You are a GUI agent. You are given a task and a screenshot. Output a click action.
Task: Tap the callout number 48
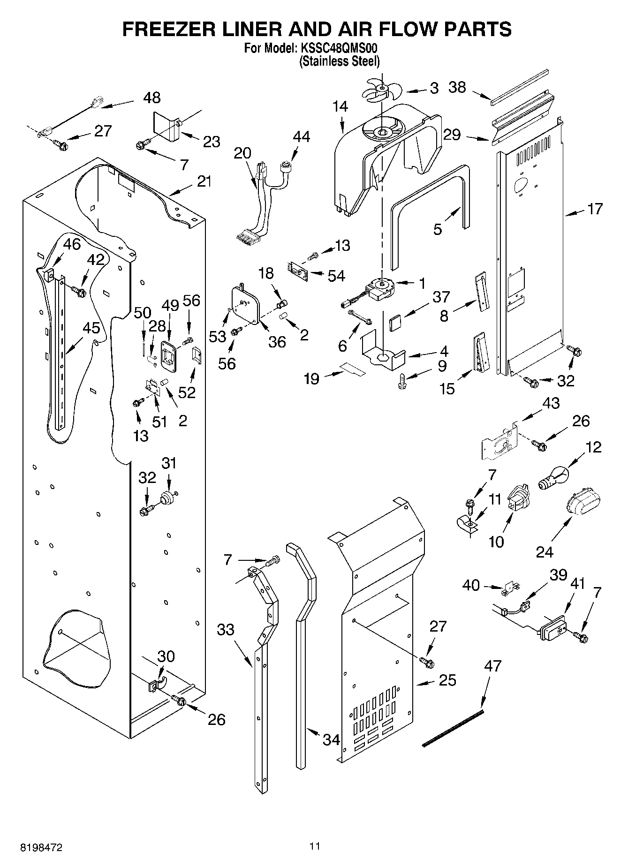click(x=151, y=98)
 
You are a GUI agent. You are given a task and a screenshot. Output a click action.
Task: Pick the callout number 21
click(x=204, y=181)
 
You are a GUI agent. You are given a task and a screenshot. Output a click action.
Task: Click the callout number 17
click(x=595, y=209)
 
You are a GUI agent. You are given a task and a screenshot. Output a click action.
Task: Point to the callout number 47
click(x=492, y=666)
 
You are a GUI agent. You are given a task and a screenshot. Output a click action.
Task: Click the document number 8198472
click(x=41, y=847)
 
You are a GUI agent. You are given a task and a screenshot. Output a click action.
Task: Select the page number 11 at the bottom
click(x=314, y=846)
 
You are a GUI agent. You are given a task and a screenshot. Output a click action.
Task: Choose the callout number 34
click(x=331, y=740)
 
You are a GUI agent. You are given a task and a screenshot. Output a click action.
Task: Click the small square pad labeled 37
click(x=395, y=323)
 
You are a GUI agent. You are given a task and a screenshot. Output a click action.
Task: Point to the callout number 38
click(x=457, y=87)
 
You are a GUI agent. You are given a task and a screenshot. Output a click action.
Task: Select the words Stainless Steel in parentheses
click(x=340, y=61)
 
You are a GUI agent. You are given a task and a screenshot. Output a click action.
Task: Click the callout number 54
click(x=336, y=276)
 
